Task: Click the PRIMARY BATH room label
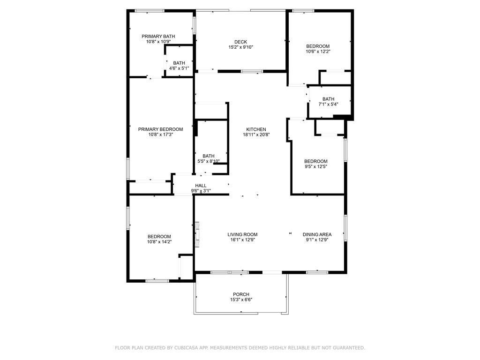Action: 158,37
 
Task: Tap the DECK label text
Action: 240,42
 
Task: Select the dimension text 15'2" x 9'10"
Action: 240,47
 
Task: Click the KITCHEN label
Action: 256,129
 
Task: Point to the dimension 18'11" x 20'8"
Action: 256,135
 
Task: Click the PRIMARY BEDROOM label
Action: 160,129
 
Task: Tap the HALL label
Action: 201,186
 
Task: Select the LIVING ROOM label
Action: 242,234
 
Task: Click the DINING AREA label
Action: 317,234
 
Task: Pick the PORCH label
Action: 241,294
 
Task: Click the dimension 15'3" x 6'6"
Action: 241,300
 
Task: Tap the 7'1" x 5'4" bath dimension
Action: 329,104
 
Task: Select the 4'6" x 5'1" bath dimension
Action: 179,68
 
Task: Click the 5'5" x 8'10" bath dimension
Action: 209,161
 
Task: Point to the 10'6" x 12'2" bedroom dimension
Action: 318,52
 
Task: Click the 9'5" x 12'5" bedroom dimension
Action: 316,166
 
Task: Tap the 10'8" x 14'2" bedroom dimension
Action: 159,241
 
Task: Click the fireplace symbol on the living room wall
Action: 197,234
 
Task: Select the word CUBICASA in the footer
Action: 187,348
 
